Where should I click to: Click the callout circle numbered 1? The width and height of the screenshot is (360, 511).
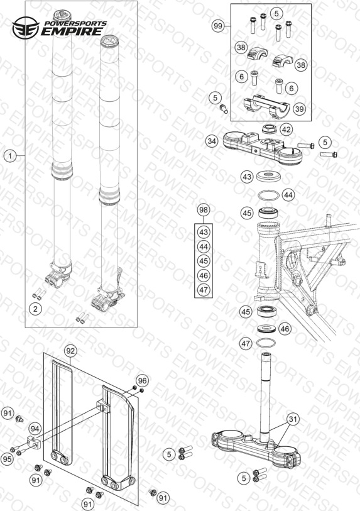coord(10,156)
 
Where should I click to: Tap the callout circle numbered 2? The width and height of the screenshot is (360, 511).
coord(35,309)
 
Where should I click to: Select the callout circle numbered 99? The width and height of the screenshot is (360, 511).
coord(218,26)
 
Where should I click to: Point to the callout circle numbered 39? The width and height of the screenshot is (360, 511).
coord(300,109)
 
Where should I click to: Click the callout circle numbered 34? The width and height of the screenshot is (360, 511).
coord(212,141)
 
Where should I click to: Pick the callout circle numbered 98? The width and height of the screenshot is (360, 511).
coord(204,210)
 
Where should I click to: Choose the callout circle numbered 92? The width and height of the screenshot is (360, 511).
coord(70,351)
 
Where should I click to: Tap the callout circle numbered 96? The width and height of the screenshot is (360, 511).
coord(142,380)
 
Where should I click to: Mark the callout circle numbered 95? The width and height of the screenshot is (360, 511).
coord(7,459)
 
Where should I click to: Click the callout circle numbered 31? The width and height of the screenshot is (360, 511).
coord(293,419)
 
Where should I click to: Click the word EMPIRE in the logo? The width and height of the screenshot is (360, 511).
coord(72,31)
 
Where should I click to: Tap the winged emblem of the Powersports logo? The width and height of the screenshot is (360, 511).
coord(26,28)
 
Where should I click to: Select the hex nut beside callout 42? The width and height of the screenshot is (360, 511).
coord(270,128)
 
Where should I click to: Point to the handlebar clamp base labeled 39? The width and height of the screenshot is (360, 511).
coord(266,107)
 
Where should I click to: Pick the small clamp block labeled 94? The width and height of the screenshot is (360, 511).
coord(34,443)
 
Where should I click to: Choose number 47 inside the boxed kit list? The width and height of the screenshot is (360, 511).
coord(204,290)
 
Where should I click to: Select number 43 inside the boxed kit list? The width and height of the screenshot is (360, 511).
coord(204,233)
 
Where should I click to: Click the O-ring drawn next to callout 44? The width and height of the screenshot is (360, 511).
coord(268,196)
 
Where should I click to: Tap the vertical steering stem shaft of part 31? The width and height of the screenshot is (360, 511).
coord(266,397)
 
